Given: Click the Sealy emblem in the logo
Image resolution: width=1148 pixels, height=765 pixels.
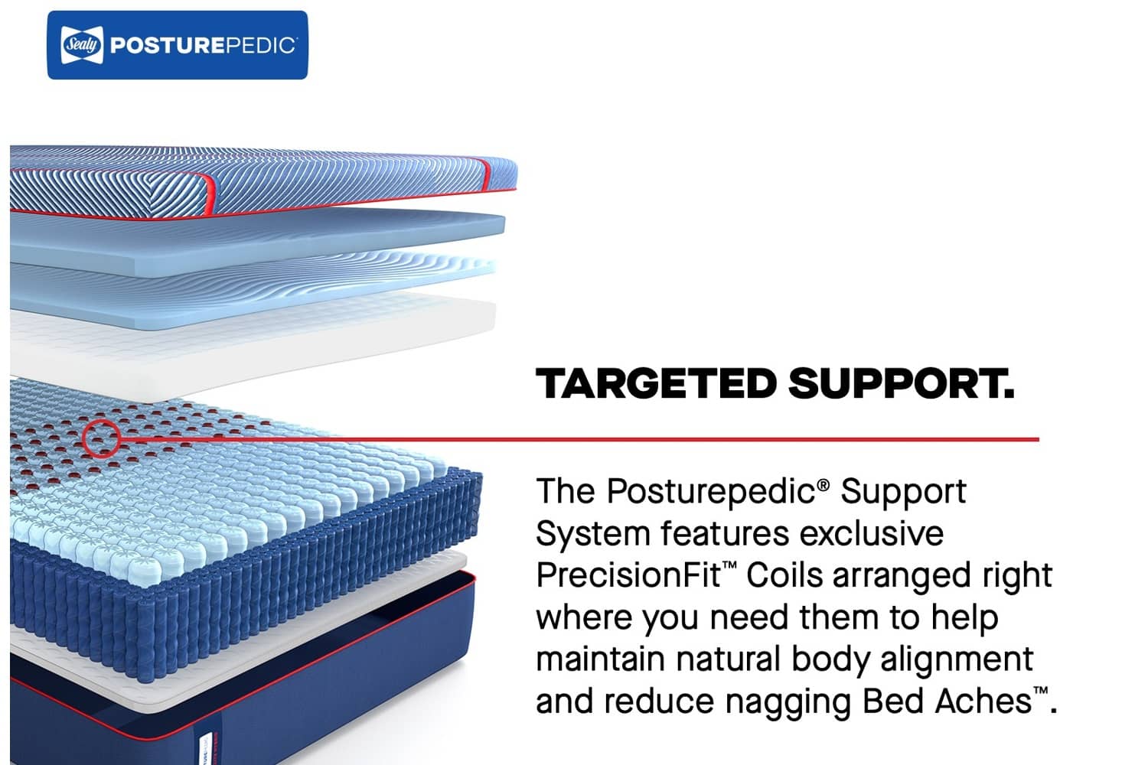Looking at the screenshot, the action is click(81, 45).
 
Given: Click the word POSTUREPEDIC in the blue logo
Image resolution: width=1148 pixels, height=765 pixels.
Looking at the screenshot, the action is click(203, 45).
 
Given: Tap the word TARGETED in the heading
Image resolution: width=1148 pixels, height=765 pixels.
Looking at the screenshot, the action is click(656, 383).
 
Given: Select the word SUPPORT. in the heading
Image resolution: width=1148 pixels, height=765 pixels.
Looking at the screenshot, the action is click(902, 383).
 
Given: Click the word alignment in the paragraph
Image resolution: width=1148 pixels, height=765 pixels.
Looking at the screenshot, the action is click(957, 659).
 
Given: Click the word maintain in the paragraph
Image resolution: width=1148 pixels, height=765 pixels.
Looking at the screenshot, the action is click(600, 659).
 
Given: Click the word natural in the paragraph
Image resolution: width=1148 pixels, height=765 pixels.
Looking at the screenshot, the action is click(728, 659).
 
